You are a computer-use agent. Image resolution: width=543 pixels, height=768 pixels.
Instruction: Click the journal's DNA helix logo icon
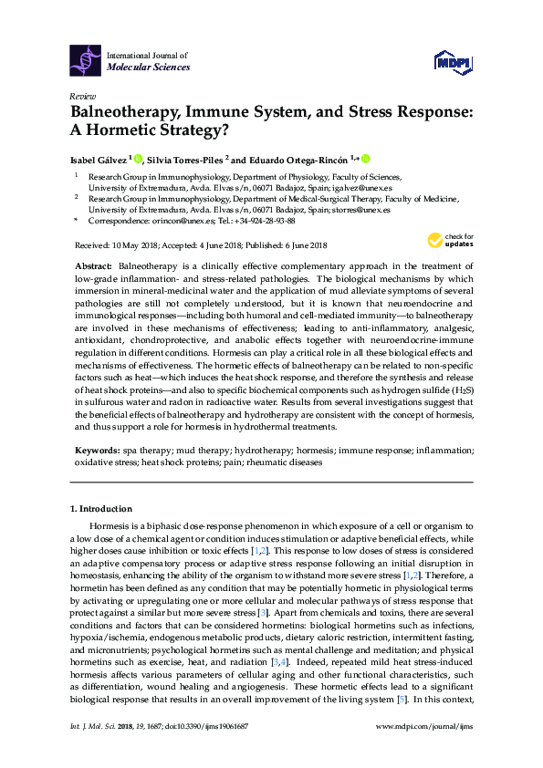(86, 60)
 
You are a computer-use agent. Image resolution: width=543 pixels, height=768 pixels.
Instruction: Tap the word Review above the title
(83, 96)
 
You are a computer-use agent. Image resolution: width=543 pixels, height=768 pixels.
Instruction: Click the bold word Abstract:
(94, 263)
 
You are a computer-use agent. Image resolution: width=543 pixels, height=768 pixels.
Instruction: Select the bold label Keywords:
(95, 451)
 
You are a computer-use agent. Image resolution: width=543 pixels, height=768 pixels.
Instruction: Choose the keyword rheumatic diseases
(291, 462)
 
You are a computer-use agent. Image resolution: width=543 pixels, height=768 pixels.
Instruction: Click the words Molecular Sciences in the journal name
(149, 67)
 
